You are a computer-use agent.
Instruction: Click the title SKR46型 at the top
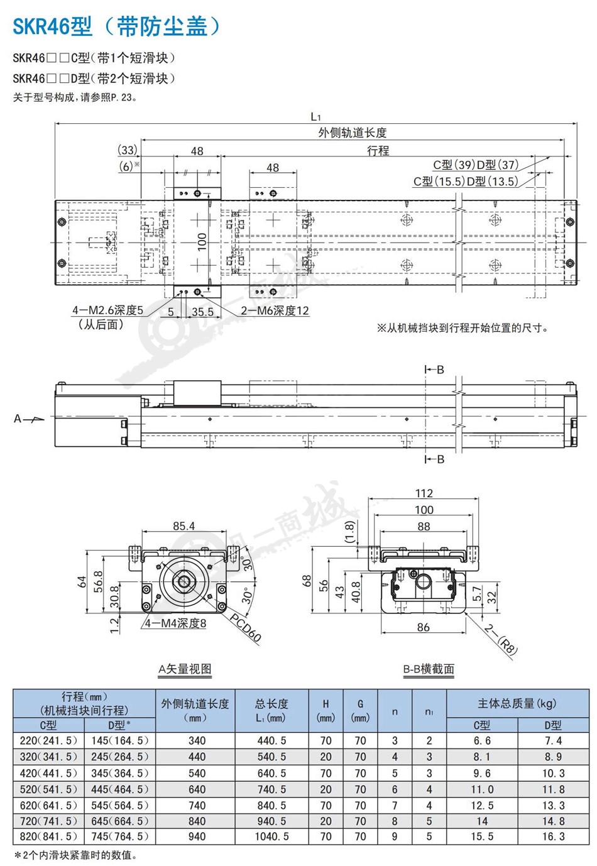[x=53, y=26]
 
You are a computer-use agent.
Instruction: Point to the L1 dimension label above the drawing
[x=315, y=116]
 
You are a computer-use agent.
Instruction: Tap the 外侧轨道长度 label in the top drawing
[x=353, y=133]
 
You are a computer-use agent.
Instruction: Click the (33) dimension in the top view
[x=127, y=150]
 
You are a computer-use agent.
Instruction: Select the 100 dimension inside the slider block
[x=202, y=242]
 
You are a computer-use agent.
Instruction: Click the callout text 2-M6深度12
[x=275, y=310]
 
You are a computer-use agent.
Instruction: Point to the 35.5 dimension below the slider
[x=202, y=312]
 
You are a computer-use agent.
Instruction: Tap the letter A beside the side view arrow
[x=18, y=419]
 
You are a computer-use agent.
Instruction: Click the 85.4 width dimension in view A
[x=183, y=526]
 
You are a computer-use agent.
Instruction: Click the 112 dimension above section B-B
[x=424, y=493]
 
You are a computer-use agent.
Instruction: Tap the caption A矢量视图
[x=185, y=669]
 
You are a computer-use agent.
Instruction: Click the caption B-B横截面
[x=429, y=669]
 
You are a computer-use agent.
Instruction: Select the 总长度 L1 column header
[x=271, y=711]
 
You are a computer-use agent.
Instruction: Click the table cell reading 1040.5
[x=271, y=836]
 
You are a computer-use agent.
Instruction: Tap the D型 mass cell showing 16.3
[x=553, y=836]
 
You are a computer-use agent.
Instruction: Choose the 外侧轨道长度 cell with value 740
[x=197, y=805]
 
